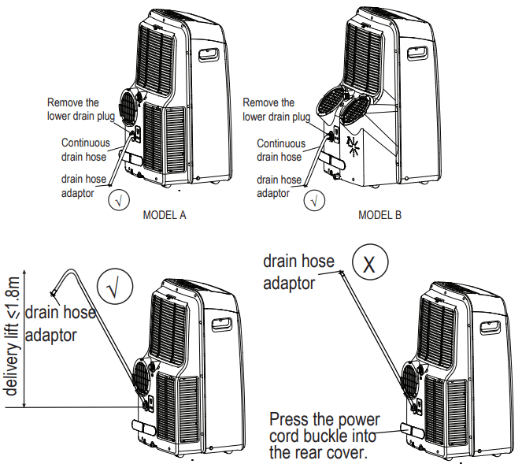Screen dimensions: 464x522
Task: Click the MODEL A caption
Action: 165,214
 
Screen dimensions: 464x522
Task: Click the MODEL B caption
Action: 380,214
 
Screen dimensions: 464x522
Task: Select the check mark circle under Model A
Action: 119,199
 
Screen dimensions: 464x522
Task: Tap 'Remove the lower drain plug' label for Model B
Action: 276,110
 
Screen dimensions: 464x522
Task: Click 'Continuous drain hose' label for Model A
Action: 85,150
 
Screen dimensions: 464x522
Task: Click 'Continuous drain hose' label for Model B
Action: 281,150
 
